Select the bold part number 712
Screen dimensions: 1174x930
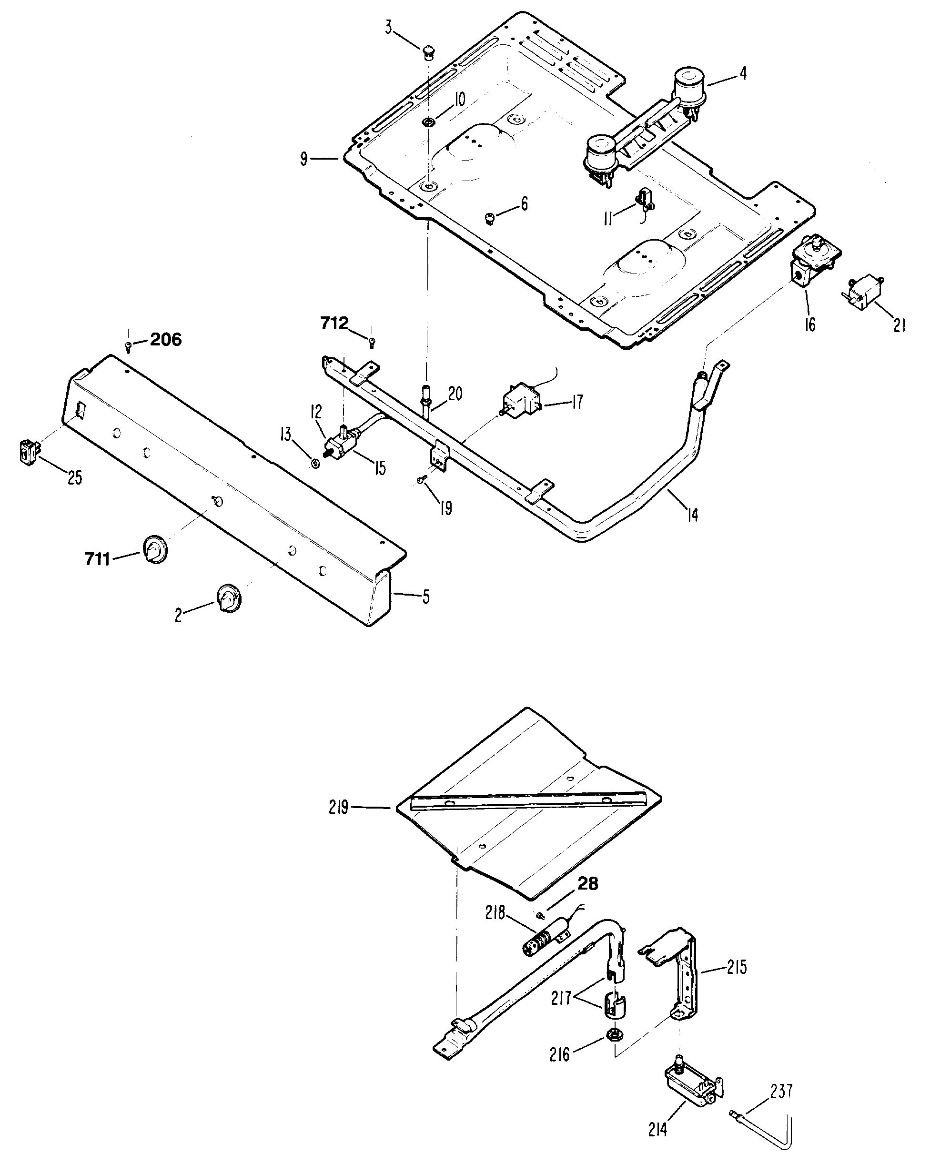pos(334,324)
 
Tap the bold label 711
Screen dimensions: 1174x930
pos(98,559)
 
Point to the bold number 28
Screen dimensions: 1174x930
pos(587,884)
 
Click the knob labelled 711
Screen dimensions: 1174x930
pos(155,549)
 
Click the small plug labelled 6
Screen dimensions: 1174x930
pos(489,218)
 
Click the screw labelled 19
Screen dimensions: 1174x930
pos(420,479)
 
